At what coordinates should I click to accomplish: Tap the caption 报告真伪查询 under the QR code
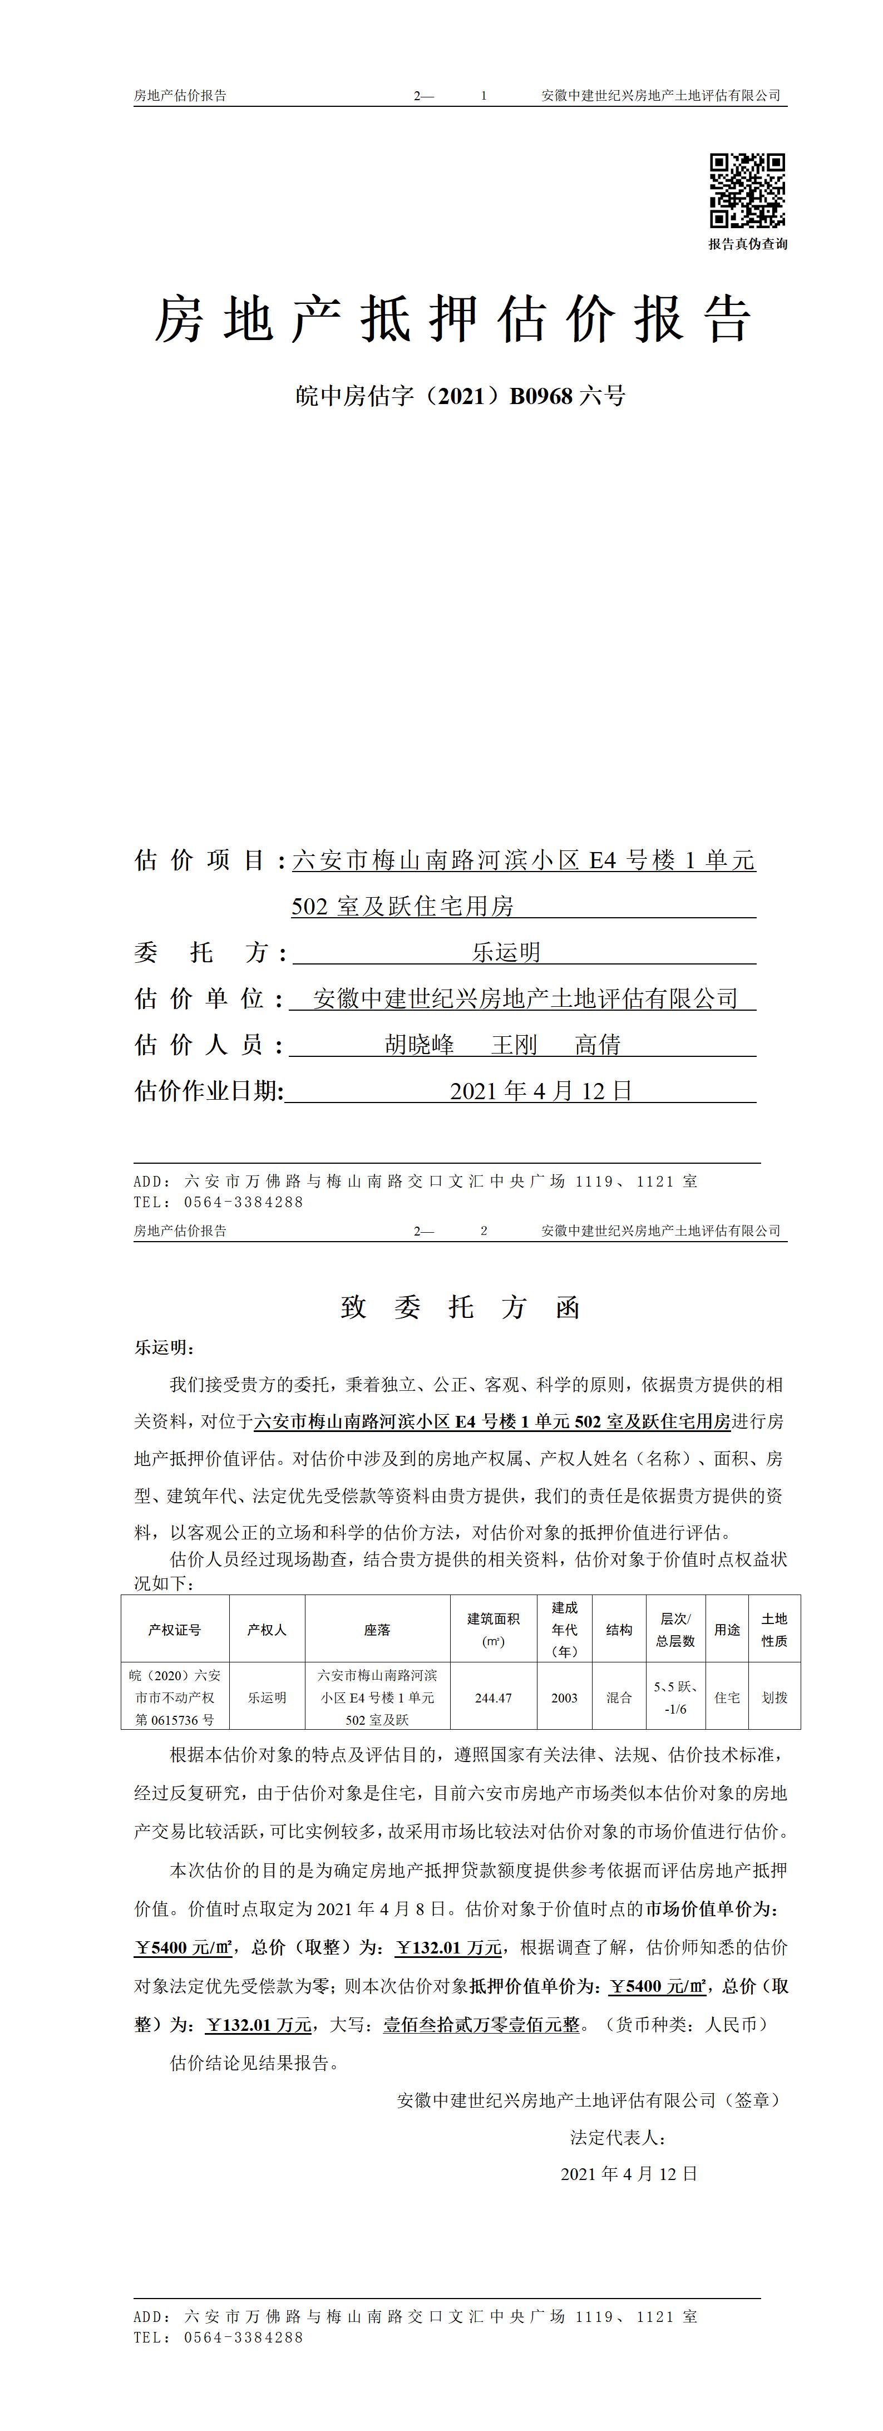tap(747, 243)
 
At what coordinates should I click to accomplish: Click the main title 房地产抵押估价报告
tap(453, 319)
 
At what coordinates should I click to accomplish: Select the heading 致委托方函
tap(460, 1307)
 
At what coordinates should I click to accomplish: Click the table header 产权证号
tap(175, 1630)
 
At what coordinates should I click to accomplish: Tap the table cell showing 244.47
tap(494, 1697)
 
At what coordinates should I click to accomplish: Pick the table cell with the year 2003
tap(564, 1697)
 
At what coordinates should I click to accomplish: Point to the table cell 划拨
tap(775, 1697)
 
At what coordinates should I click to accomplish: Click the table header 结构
tap(619, 1630)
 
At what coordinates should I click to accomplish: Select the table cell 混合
tap(619, 1697)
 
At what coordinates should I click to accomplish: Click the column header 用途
tap(727, 1630)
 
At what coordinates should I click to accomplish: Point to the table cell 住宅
tap(727, 1697)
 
